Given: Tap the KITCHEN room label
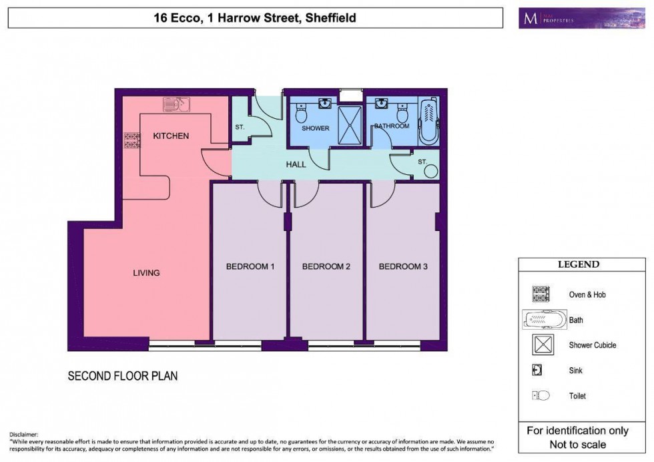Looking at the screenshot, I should [171, 136].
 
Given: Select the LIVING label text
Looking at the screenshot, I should [146, 272].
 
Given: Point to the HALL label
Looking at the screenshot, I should [296, 164].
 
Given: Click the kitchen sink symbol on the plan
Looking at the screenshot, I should [177, 104].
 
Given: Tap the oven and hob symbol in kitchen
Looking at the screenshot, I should [131, 140].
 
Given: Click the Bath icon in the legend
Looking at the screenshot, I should [543, 319].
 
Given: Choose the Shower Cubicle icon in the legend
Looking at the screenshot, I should [542, 345].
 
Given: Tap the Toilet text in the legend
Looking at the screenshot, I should [577, 396].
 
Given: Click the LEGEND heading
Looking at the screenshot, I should [578, 264].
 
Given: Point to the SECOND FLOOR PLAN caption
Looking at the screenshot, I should [123, 376].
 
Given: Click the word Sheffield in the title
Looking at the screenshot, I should [330, 18].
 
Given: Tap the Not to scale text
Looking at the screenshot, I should [577, 444].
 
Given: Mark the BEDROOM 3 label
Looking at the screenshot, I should [403, 266].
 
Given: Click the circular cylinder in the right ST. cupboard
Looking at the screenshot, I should [430, 172].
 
